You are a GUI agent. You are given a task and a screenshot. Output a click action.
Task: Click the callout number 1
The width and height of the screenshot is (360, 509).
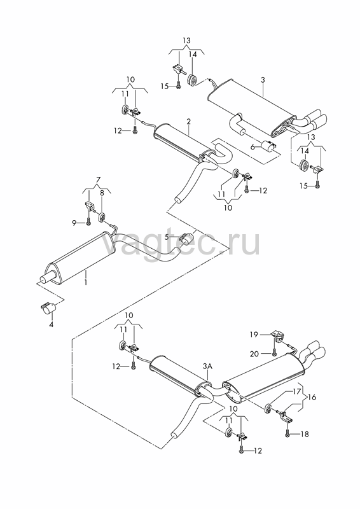pyautogui.click(x=86, y=282)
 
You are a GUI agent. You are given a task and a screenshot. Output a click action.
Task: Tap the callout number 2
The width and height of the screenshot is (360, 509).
pyautogui.click(x=189, y=122)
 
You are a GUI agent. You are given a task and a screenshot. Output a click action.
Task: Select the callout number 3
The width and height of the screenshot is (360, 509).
pyautogui.click(x=263, y=80)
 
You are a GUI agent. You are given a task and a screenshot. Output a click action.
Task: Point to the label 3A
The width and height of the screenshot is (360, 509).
pyautogui.click(x=207, y=366)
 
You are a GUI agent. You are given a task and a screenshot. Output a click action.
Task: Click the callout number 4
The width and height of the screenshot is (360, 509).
pyautogui.click(x=51, y=324)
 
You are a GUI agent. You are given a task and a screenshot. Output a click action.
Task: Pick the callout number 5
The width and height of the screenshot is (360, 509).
pyautogui.click(x=167, y=237)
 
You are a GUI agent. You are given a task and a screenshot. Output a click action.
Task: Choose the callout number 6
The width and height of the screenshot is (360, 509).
pyautogui.click(x=253, y=146)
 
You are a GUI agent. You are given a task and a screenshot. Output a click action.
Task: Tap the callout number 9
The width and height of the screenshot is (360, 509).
pyautogui.click(x=74, y=223)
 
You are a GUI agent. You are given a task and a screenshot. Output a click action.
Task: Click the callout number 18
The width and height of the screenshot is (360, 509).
pyautogui.click(x=305, y=434)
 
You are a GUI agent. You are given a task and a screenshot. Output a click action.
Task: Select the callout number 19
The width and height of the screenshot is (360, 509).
pyautogui.click(x=254, y=335)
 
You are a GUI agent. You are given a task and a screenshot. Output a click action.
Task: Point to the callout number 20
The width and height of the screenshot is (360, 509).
pyautogui.click(x=254, y=354)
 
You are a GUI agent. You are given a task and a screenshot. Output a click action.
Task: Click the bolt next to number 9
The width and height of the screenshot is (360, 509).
pyautogui.click(x=88, y=222)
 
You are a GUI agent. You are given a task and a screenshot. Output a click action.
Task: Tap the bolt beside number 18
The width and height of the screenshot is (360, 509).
pyautogui.click(x=287, y=433)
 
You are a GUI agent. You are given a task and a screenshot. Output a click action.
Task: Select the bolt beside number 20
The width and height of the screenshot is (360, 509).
pyautogui.click(x=273, y=352)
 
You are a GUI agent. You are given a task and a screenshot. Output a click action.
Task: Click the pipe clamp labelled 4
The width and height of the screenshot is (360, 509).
pyautogui.click(x=48, y=307)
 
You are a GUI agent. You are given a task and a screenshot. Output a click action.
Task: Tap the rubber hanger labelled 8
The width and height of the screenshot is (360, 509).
pyautogui.click(x=102, y=216)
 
